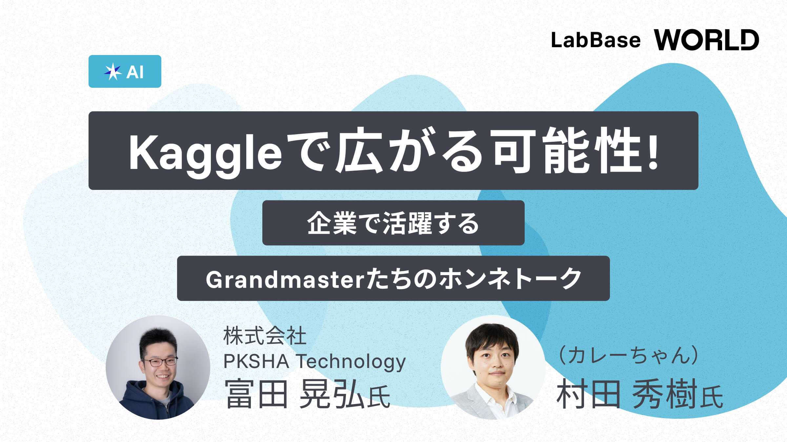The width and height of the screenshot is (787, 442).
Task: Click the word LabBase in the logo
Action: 595,40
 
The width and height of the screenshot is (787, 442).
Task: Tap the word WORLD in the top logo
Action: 706,40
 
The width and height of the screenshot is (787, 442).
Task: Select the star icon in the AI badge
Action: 113,71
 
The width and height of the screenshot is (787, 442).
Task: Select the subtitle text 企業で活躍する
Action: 393,223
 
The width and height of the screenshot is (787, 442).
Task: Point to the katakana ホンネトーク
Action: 510,279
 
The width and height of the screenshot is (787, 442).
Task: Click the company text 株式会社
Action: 265,336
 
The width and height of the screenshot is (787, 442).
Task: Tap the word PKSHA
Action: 256,361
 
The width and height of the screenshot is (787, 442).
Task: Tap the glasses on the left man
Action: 160,362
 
